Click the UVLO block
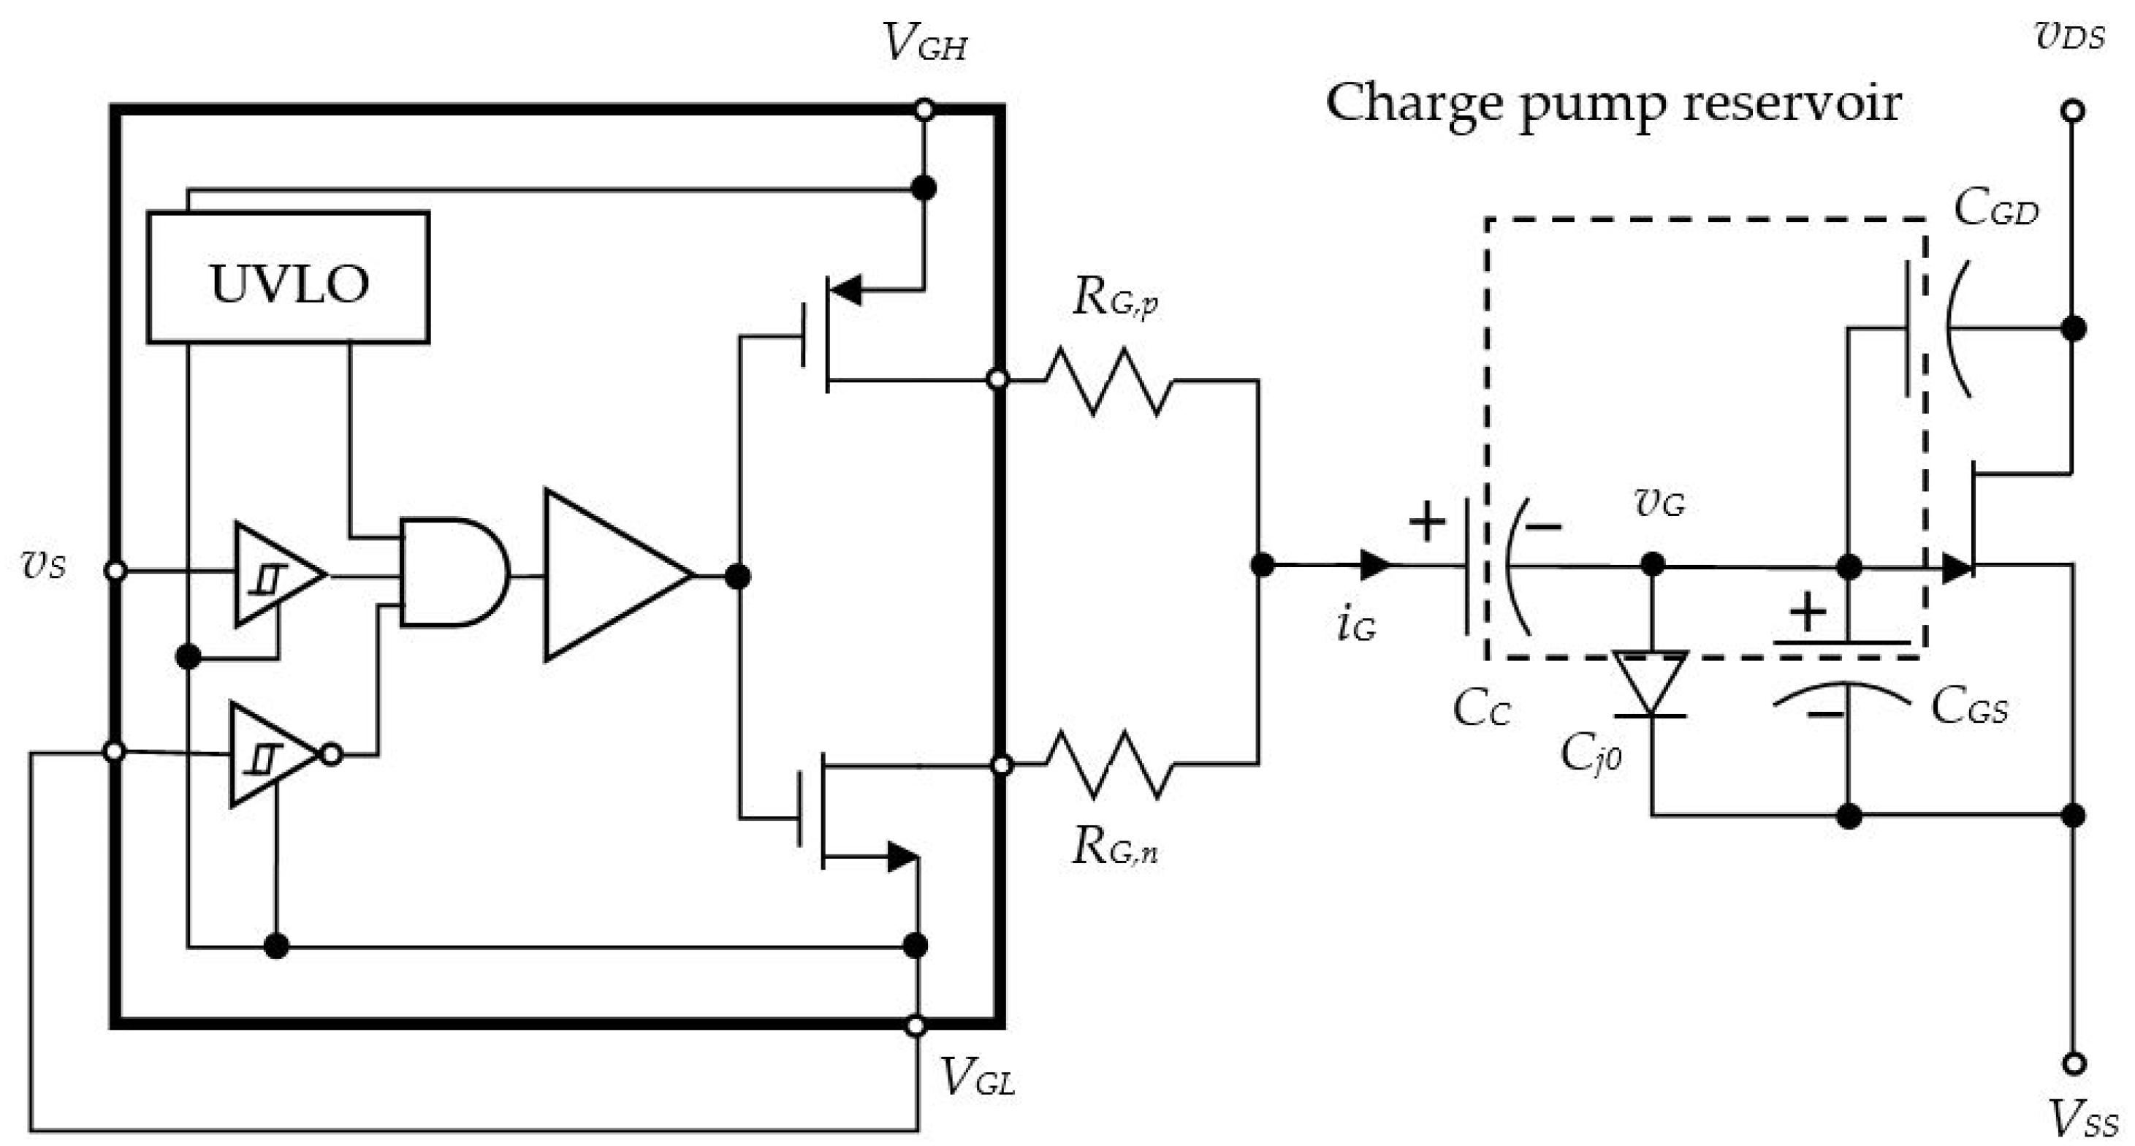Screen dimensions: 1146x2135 coord(288,278)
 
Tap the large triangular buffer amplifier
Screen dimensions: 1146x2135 coord(609,574)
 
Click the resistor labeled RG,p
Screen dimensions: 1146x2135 coord(1109,382)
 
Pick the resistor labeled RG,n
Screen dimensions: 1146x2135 coord(1109,764)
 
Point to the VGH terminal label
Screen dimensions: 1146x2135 coord(924,43)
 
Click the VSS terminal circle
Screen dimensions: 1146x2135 coord(2073,1063)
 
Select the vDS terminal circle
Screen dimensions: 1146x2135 coord(2073,110)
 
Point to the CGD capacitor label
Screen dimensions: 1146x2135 coord(1995,209)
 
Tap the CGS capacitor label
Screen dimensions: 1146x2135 coord(1969,707)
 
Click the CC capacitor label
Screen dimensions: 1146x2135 coord(1481,710)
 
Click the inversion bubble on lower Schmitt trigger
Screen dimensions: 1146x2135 coord(332,754)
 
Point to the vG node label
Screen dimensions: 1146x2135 coord(1659,504)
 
